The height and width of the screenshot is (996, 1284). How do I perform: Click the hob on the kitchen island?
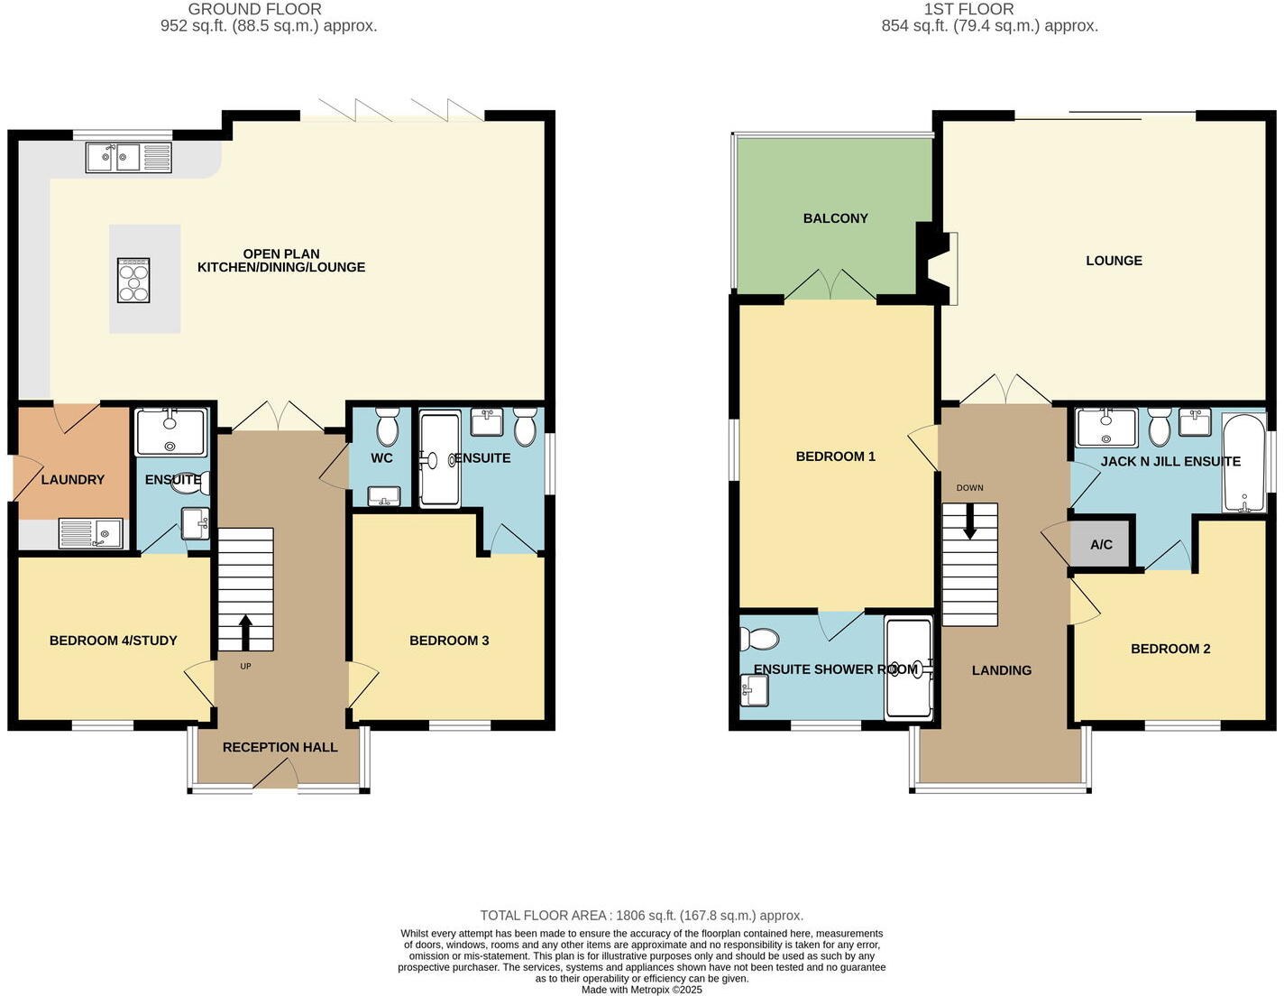click(x=133, y=280)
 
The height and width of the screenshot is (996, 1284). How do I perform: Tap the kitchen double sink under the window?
click(x=128, y=158)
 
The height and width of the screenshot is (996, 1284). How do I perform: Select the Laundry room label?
click(x=73, y=480)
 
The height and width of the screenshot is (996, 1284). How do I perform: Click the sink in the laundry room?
click(x=91, y=533)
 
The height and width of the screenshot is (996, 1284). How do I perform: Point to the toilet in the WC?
click(x=387, y=428)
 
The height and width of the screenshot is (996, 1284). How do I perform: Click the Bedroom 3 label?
click(x=449, y=641)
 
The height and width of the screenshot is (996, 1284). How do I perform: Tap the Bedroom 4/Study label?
click(x=113, y=641)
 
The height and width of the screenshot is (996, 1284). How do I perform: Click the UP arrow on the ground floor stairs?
click(x=245, y=632)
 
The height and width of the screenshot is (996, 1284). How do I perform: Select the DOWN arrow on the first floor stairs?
click(x=969, y=521)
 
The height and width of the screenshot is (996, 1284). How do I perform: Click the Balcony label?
click(x=835, y=218)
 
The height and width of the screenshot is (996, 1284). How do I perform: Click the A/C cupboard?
click(x=1100, y=544)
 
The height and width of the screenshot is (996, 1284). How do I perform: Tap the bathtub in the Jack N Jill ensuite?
click(x=1244, y=463)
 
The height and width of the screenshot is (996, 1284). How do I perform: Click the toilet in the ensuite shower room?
click(x=758, y=639)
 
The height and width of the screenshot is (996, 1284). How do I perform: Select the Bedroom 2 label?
click(x=1169, y=649)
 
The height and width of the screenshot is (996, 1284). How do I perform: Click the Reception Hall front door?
click(x=275, y=775)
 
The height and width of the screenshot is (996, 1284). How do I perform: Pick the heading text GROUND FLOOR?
click(x=254, y=9)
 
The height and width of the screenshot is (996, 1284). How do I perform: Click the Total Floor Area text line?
click(x=641, y=915)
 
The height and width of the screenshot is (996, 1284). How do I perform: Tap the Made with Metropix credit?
click(x=641, y=989)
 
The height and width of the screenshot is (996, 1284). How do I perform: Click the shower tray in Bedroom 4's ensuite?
click(x=170, y=432)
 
